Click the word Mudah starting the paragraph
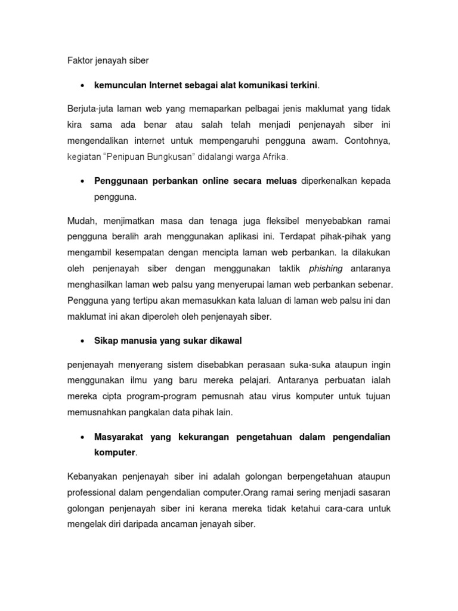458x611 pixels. pyautogui.click(x=82, y=221)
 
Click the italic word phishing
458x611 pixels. pyautogui.click(x=326, y=269)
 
